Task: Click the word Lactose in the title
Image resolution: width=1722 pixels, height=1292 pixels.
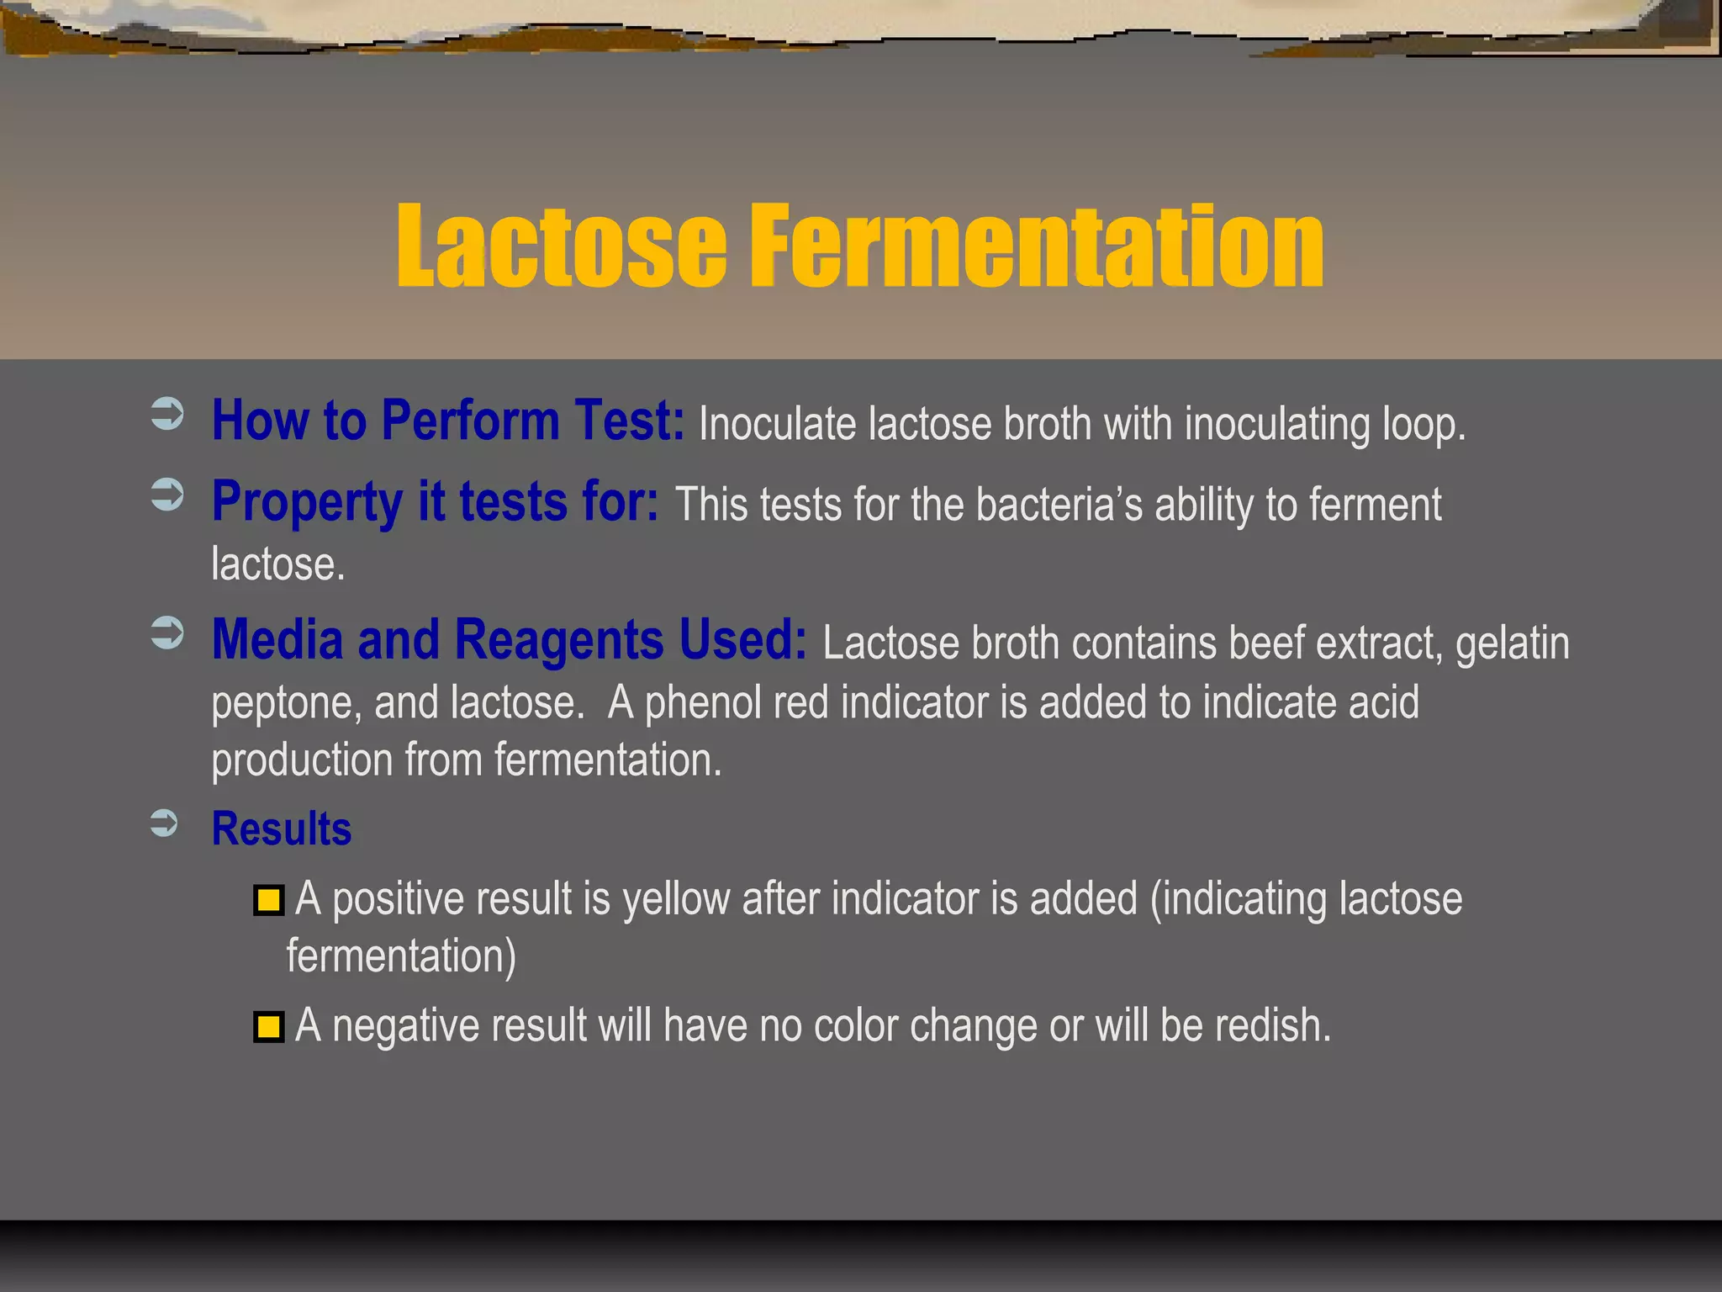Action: (561, 246)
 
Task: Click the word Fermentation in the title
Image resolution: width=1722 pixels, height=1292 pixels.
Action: (1036, 246)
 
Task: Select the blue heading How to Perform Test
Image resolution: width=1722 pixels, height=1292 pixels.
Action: (447, 420)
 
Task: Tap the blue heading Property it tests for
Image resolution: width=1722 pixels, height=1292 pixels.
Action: (435, 501)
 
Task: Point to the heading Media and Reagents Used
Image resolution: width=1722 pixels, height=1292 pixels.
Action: (509, 639)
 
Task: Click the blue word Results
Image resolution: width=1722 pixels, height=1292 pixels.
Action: (282, 829)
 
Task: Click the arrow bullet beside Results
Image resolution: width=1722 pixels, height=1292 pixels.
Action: (165, 823)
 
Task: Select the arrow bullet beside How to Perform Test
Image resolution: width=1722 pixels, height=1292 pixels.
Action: (166, 414)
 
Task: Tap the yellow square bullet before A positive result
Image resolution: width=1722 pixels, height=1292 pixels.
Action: (268, 901)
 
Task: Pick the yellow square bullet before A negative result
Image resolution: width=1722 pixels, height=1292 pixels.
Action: (268, 1027)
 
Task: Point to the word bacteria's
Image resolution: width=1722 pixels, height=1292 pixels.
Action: (1059, 505)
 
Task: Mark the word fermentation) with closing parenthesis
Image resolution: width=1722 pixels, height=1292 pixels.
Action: (401, 956)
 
